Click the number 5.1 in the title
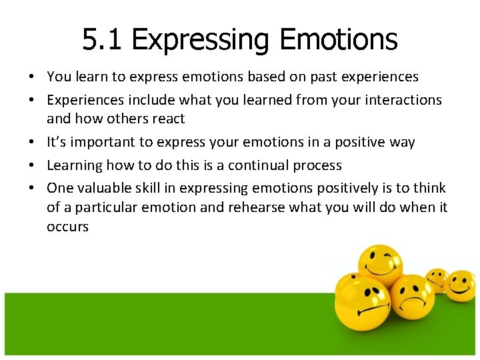[x=103, y=39]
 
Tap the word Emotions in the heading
[x=339, y=39]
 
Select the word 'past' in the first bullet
[x=318, y=77]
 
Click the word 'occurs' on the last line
[x=67, y=227]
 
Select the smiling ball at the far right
[x=461, y=285]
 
